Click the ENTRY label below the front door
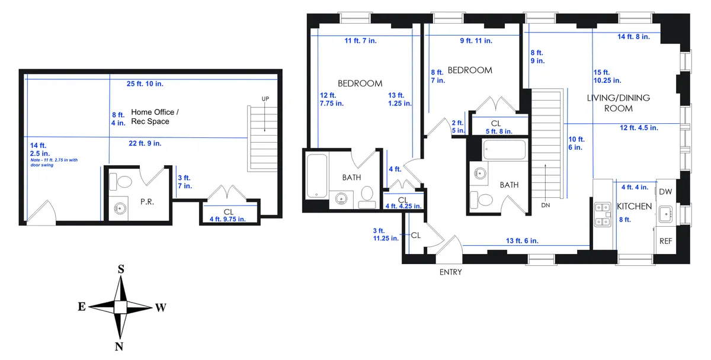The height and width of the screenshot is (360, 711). pyautogui.click(x=450, y=272)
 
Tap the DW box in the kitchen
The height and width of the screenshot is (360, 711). pyautogui.click(x=665, y=192)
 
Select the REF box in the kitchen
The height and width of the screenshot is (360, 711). pyautogui.click(x=666, y=242)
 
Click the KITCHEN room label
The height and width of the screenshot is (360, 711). pyautogui.click(x=635, y=207)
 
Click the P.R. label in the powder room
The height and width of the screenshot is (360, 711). pyautogui.click(x=147, y=202)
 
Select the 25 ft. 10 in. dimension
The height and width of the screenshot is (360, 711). pyautogui.click(x=145, y=84)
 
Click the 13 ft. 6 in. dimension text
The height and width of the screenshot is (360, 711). pyautogui.click(x=522, y=240)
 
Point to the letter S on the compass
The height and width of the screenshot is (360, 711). pyautogui.click(x=121, y=269)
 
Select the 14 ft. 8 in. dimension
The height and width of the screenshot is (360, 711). pyautogui.click(x=633, y=37)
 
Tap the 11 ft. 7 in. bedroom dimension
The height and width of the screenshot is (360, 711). pyautogui.click(x=360, y=41)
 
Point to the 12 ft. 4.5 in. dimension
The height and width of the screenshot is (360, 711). pyautogui.click(x=639, y=127)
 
